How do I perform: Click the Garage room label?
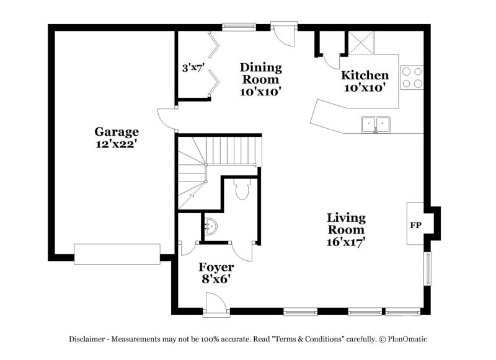point(117,131)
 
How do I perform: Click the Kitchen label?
point(365,76)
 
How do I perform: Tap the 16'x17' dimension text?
point(346,242)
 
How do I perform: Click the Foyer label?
point(216,267)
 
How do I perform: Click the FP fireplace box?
point(415,225)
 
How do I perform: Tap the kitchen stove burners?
point(412,77)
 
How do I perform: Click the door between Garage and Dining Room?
point(166,117)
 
